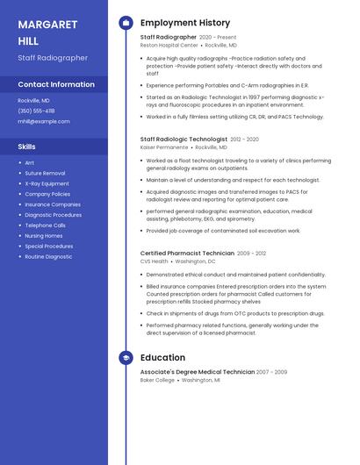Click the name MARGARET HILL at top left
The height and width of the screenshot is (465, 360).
[x=47, y=32]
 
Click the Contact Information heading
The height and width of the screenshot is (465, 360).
[x=56, y=84]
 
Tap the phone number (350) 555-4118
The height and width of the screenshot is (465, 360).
[x=36, y=111]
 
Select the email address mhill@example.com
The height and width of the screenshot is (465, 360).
[x=44, y=121]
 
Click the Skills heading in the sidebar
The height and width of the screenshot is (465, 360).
[x=27, y=147]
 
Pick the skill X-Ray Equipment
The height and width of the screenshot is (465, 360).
[x=47, y=183]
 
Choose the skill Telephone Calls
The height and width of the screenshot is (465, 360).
[x=46, y=225]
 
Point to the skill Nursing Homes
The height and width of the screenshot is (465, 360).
[x=44, y=236]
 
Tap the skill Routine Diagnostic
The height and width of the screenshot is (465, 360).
[x=48, y=257]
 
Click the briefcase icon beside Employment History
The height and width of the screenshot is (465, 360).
[x=126, y=23]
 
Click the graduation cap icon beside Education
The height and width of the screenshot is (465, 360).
[x=126, y=358]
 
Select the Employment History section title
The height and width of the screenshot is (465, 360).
[x=185, y=23]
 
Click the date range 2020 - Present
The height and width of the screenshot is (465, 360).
[x=218, y=38]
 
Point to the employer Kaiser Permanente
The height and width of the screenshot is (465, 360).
[x=164, y=147]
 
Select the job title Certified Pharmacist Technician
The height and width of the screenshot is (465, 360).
[x=187, y=254]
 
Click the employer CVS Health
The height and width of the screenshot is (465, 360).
[x=154, y=261]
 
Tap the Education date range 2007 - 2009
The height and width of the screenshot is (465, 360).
[x=271, y=372]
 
